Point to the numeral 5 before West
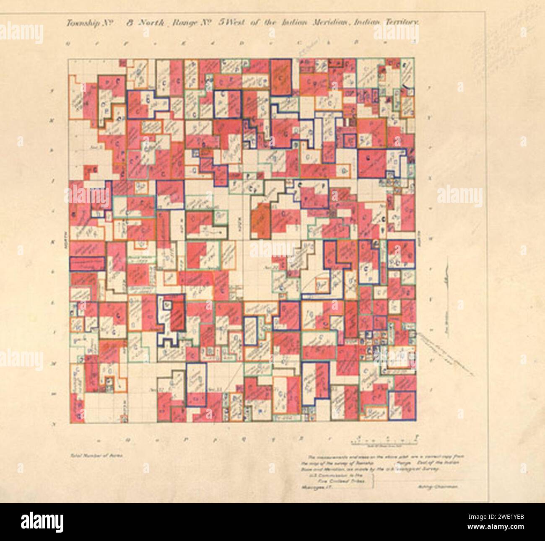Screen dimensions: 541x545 (221, 23)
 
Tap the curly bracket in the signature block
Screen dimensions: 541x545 (378, 482)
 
